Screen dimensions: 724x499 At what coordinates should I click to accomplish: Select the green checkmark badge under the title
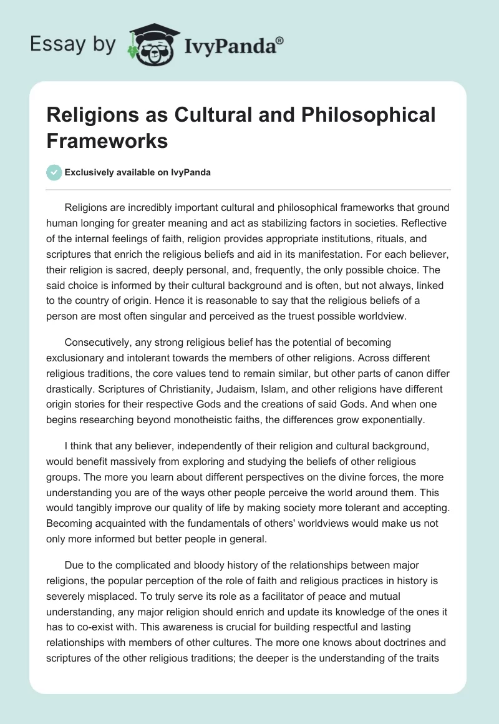click(54, 173)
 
